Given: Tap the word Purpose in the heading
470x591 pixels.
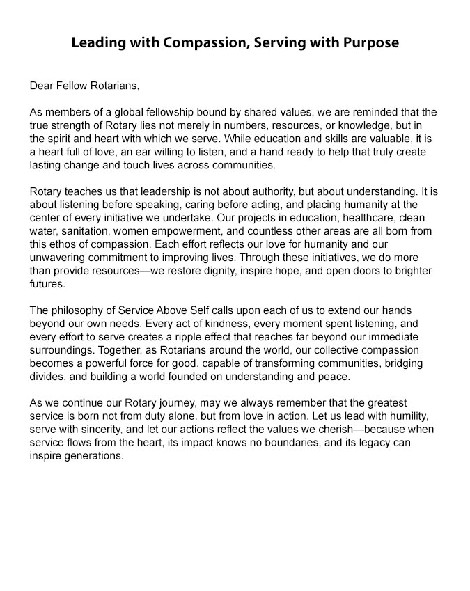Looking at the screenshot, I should pyautogui.click(x=370, y=42).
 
